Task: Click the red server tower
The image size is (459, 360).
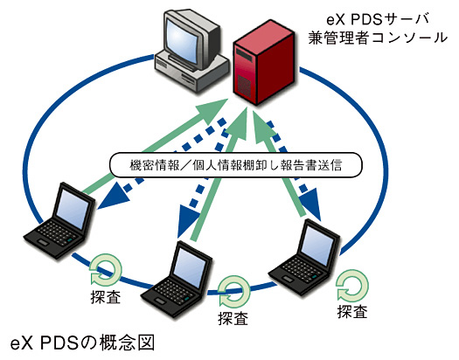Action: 263,62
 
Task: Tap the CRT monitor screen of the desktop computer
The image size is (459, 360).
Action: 182,38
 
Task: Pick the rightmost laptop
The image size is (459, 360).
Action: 304,258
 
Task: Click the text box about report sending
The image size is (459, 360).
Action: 236,165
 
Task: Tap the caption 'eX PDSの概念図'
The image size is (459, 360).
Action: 82,343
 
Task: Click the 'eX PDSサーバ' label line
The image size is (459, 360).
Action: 378,20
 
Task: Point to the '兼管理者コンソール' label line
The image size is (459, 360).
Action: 378,38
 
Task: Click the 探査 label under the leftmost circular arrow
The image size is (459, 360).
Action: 106,297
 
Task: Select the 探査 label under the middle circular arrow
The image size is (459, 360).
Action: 233,318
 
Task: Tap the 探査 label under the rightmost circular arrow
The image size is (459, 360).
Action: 352,311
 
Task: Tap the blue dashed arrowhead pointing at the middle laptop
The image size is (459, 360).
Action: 189,222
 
